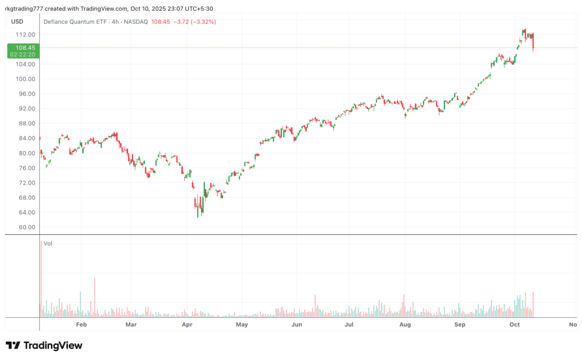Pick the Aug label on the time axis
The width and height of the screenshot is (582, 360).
405,325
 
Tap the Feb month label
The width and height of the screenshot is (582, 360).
81,325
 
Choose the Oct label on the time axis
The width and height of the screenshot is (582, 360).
515,325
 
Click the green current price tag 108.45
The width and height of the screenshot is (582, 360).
22,51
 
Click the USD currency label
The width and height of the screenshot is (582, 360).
17,22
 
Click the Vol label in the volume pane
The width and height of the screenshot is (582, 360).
48,243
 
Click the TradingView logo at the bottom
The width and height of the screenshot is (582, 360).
44,345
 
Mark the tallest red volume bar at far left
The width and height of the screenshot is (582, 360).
40,279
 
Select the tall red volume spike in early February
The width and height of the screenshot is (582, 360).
94,297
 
